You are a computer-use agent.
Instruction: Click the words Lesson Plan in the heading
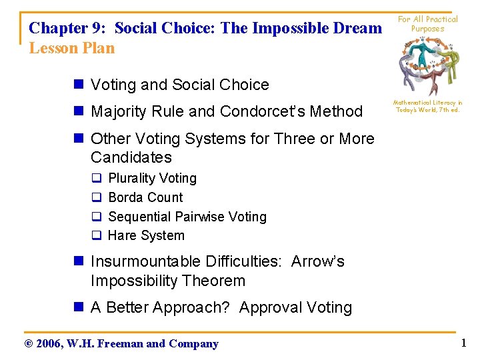pyautogui.click(x=72, y=48)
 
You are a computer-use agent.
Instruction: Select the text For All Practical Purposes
pyautogui.click(x=427, y=24)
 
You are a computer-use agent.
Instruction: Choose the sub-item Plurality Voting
pyautogui.click(x=152, y=178)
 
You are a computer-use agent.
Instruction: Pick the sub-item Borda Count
pyautogui.click(x=145, y=197)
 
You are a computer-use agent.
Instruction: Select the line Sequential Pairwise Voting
pyautogui.click(x=187, y=217)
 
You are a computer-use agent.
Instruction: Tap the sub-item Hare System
pyautogui.click(x=146, y=235)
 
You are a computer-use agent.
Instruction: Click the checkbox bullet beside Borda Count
pyautogui.click(x=96, y=198)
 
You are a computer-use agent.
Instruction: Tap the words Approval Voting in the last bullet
pyautogui.click(x=295, y=307)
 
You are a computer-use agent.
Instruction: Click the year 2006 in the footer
pyautogui.click(x=50, y=344)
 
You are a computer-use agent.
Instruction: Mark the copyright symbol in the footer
pyautogui.click(x=27, y=344)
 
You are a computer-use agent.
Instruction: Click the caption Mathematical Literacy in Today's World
pyautogui.click(x=427, y=107)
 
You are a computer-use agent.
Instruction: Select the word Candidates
pyautogui.click(x=131, y=157)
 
